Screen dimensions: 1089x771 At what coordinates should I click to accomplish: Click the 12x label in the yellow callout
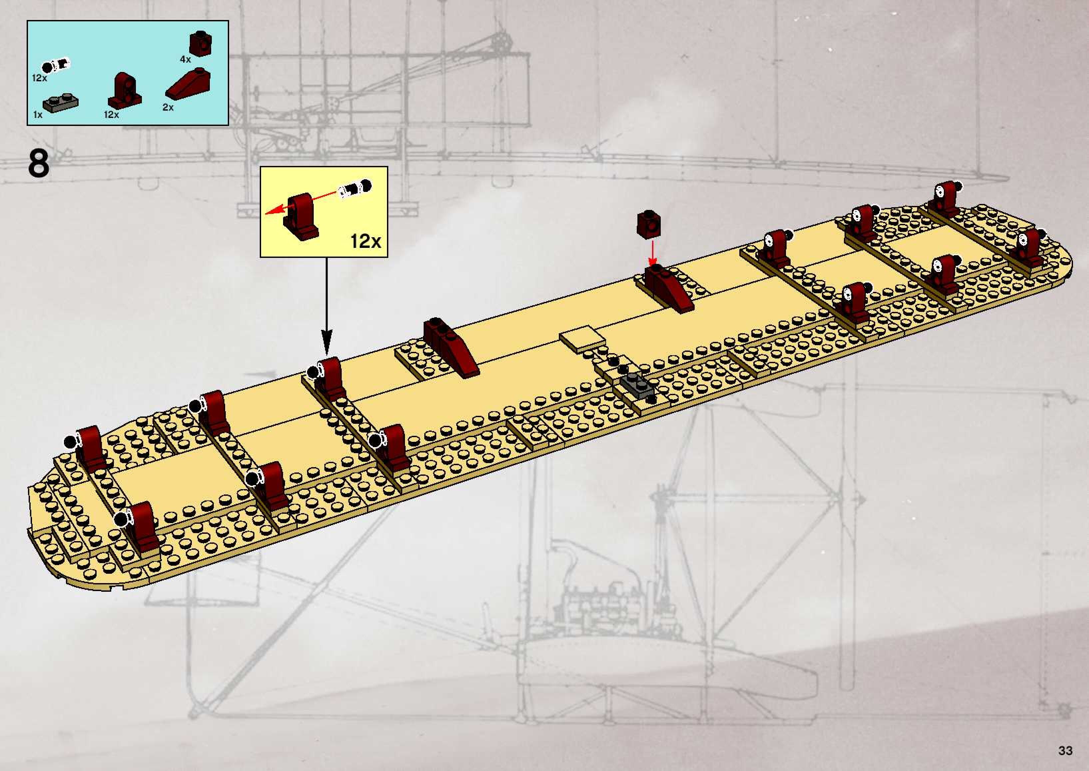(365, 241)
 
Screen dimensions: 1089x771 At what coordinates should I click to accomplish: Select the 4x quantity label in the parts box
(185, 59)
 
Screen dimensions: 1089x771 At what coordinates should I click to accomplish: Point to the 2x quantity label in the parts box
(168, 107)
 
